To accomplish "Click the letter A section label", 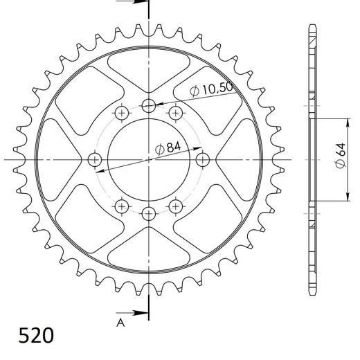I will (120, 321).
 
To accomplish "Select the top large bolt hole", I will (149, 106).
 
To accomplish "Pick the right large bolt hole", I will (202, 160).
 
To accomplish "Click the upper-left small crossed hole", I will (123, 113).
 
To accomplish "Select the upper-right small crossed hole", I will (175, 113).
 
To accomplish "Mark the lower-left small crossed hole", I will (123, 206).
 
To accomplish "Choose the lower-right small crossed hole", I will (175, 206).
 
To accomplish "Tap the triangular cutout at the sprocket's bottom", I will (149, 246).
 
